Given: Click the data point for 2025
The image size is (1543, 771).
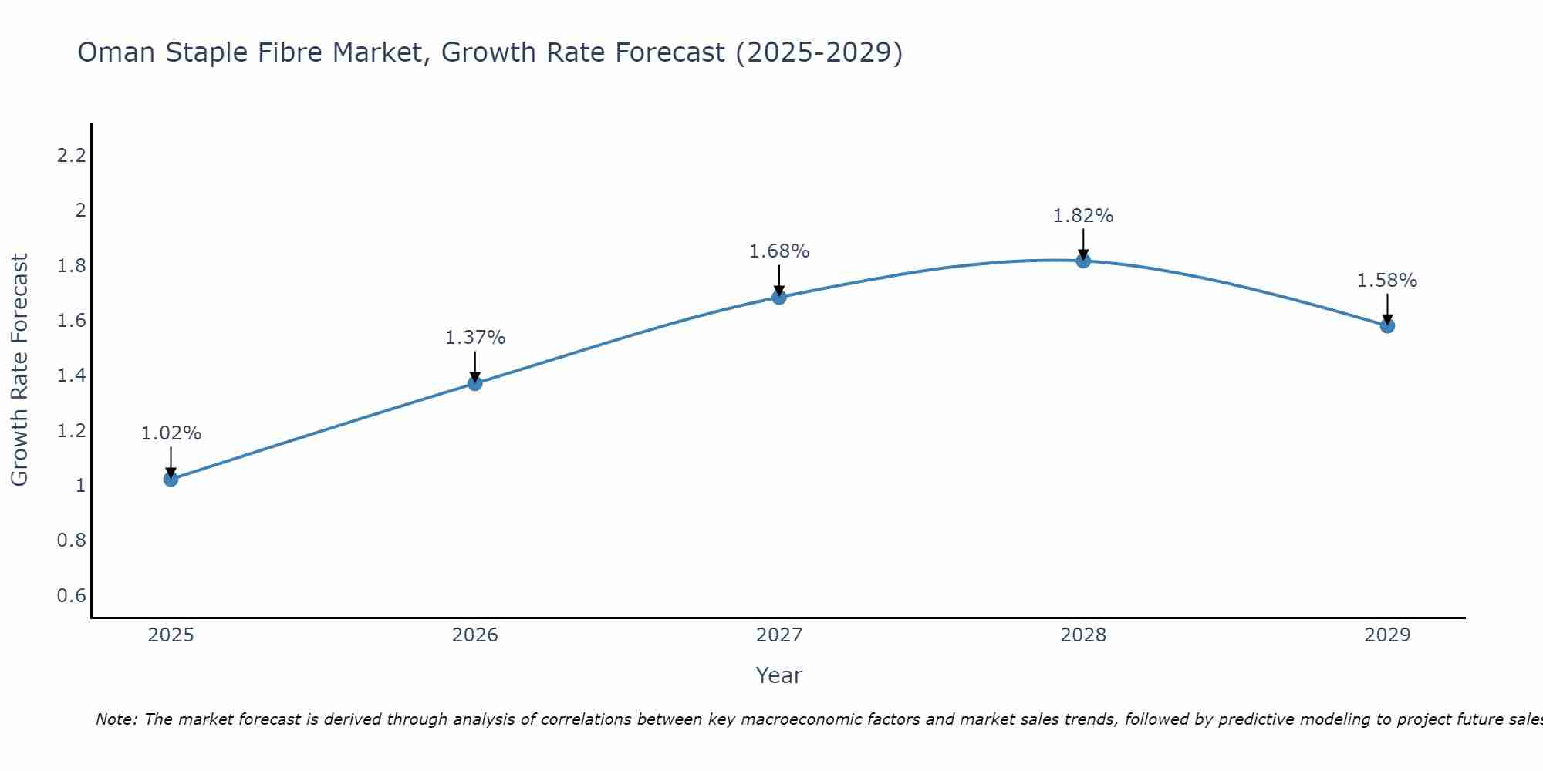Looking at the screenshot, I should (x=171, y=479).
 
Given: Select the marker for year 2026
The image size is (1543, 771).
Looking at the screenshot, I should (x=475, y=383).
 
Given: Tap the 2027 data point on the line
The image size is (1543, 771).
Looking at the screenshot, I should (x=779, y=297).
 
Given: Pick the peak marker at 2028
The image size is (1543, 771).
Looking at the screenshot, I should (x=1083, y=261).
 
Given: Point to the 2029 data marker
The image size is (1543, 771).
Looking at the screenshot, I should (x=1387, y=325).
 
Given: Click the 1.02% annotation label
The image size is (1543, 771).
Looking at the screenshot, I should (x=171, y=433).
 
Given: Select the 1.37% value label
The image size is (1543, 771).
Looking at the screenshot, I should (x=475, y=338).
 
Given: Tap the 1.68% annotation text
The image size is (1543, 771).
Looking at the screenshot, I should (x=779, y=251).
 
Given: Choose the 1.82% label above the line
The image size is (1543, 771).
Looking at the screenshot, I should (x=1083, y=216).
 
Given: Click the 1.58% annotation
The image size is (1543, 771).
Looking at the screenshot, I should (x=1387, y=281).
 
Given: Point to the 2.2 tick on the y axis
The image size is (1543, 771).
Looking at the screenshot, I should (x=71, y=156).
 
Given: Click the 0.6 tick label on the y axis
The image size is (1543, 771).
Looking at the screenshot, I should (x=71, y=595).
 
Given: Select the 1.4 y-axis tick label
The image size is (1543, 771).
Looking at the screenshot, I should (x=71, y=375).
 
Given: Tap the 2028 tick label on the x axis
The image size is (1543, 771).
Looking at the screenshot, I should (x=1083, y=635).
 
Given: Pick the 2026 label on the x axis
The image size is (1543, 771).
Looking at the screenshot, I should (x=475, y=635).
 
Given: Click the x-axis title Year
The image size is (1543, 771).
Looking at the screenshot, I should (x=779, y=675).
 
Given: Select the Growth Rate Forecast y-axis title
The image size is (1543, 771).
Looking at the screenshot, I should (x=19, y=370).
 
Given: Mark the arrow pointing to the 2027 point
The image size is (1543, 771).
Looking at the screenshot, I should (x=779, y=279).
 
